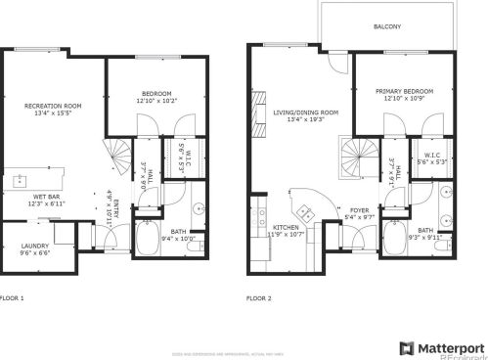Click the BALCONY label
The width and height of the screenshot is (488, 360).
[x=386, y=26]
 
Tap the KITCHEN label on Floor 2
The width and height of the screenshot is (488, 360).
[x=287, y=227]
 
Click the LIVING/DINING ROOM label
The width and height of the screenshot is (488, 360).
[x=305, y=112]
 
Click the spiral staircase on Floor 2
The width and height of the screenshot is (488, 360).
[x=357, y=154]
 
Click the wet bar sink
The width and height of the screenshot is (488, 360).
[x=20, y=181]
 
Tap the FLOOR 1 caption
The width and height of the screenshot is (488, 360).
[x=12, y=296]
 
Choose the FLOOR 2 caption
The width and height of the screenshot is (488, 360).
[x=259, y=296]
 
